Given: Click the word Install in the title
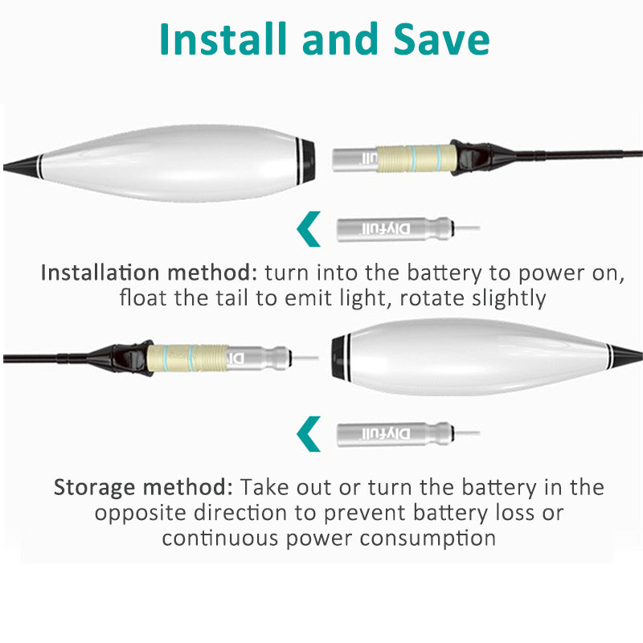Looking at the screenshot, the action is [x=223, y=39].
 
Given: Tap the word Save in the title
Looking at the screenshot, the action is [x=441, y=39].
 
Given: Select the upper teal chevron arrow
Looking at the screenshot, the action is [x=308, y=229].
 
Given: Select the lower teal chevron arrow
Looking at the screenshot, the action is [x=308, y=434].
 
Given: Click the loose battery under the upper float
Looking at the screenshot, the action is [x=408, y=229].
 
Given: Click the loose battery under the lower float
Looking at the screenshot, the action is [x=408, y=434].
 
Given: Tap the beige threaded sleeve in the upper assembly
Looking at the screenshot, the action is [x=416, y=158].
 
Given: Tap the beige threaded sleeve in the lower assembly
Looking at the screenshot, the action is [x=187, y=358].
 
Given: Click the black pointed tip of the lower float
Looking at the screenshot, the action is [x=626, y=355].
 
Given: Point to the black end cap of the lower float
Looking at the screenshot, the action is [x=340, y=358].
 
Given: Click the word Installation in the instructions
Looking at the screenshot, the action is [x=100, y=272].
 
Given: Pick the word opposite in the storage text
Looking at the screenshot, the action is [x=140, y=514].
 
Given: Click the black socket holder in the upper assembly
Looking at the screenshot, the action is [x=472, y=158].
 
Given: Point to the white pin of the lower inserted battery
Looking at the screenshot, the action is [x=305, y=358].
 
